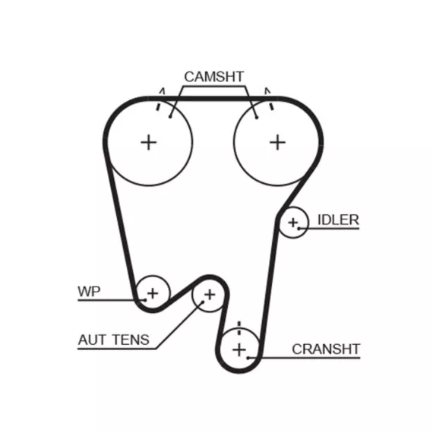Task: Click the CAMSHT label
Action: (214, 77)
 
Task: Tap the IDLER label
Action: (338, 220)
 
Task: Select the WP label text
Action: (89, 292)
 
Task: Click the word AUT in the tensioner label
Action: (92, 340)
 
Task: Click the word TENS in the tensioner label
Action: (131, 340)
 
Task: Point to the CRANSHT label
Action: (326, 349)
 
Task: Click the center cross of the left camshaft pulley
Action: (149, 143)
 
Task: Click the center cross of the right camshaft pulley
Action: (277, 143)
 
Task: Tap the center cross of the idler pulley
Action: (293, 223)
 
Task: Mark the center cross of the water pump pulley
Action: (153, 293)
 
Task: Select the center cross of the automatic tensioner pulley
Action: (210, 295)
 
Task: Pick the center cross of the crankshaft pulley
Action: (239, 350)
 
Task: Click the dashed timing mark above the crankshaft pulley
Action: (239, 328)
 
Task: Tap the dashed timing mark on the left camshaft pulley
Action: (160, 100)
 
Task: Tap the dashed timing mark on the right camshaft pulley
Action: (269, 99)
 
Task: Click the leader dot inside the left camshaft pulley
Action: (170, 117)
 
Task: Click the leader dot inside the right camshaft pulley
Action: (257, 118)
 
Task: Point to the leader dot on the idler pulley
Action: (299, 229)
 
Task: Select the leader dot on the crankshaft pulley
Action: (248, 358)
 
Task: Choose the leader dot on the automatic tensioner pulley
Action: (202, 302)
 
